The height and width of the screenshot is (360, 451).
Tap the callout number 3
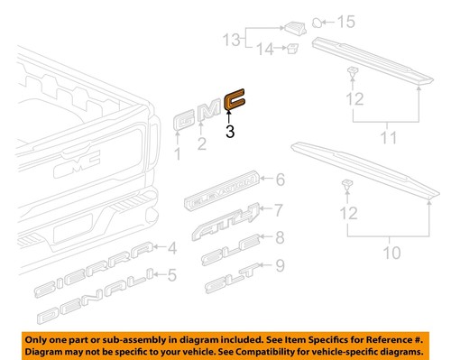coord(230,132)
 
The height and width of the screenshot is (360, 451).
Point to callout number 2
coord(202,143)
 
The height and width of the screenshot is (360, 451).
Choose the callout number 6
coord(280,179)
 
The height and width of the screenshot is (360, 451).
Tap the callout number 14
coord(264,51)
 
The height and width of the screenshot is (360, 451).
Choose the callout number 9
coord(280,265)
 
